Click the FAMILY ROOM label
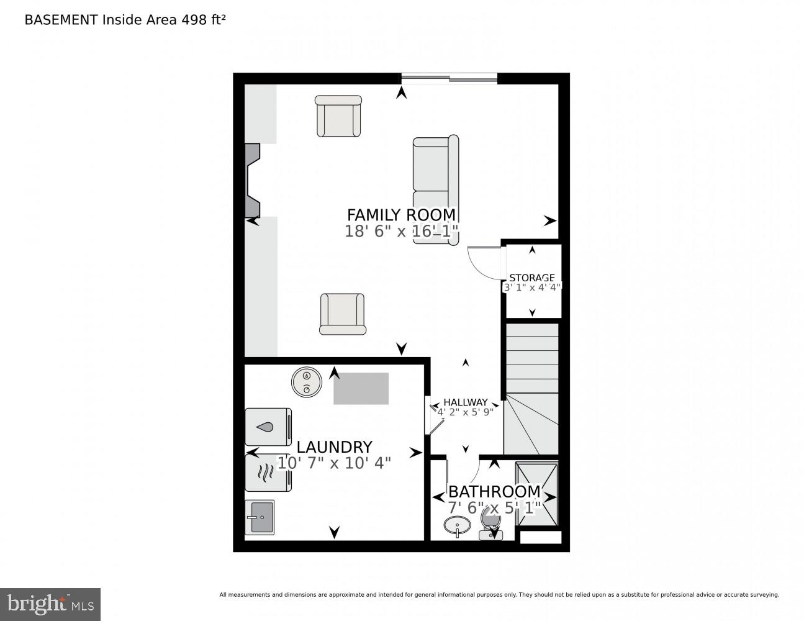point(401,215)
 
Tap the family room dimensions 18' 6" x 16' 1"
point(401,232)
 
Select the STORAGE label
point(531,278)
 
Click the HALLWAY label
point(465,402)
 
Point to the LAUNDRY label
point(334,447)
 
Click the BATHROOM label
point(494,492)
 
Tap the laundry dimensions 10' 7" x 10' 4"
point(334,463)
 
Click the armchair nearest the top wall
point(338,116)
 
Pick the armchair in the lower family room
point(342,314)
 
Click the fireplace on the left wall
point(252,180)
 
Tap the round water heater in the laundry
point(306,381)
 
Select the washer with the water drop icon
point(268,427)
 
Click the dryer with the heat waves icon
point(268,473)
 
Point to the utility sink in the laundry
point(260,517)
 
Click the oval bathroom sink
point(458,525)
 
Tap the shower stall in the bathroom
point(537,492)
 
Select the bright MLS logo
point(50,604)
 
